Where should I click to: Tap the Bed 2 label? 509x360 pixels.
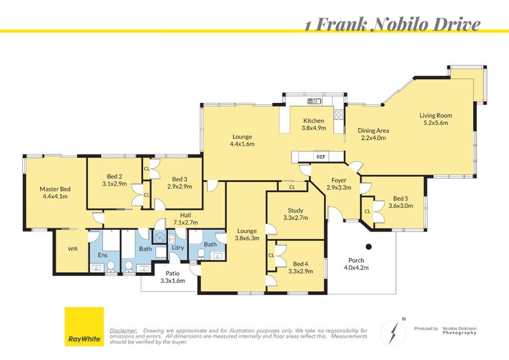pos(114,175)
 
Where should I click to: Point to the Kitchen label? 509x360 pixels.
pos(314,121)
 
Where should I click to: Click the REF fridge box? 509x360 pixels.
pos(320,156)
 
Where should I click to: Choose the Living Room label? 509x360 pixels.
pos(435,115)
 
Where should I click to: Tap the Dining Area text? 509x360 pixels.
pos(373,130)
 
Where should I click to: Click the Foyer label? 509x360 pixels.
pos(338,180)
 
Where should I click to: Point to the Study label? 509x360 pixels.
pos(295,210)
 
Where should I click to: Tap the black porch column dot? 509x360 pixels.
pos(368,246)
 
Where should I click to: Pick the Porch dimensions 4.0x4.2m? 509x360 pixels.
pos(356,268)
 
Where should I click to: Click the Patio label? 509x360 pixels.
pos(172,273)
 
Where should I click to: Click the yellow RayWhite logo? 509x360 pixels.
pos(84,326)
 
